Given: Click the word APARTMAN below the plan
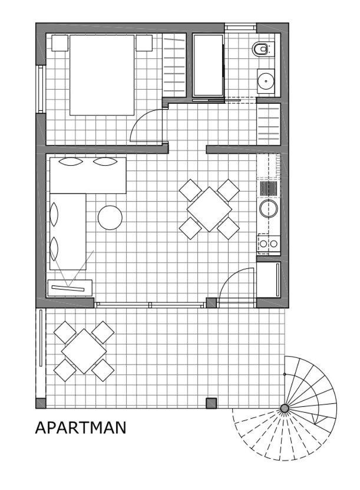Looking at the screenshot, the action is (x=81, y=428).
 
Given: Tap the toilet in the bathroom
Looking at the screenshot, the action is (x=262, y=49).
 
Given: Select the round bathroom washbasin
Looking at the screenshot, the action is (x=266, y=81).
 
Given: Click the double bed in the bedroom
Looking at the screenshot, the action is (x=102, y=75).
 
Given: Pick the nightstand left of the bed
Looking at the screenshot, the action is (x=60, y=43).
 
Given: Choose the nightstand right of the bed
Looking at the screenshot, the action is (x=144, y=43).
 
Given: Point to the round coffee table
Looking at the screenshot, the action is (x=110, y=218).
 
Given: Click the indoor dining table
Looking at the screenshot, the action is (x=209, y=209).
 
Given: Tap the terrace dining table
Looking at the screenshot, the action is (x=84, y=351).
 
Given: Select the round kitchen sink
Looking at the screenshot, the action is (x=269, y=208).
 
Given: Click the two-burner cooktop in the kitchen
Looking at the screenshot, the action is (x=269, y=244).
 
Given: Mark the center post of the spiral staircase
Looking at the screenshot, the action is (x=285, y=408).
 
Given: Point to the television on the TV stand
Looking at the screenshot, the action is (x=68, y=288).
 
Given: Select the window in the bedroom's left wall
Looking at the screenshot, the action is (x=41, y=89).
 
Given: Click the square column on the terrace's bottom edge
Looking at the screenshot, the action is (x=211, y=403).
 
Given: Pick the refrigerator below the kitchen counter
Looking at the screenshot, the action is (x=269, y=279).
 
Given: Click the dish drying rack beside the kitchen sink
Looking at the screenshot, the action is (x=269, y=189).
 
